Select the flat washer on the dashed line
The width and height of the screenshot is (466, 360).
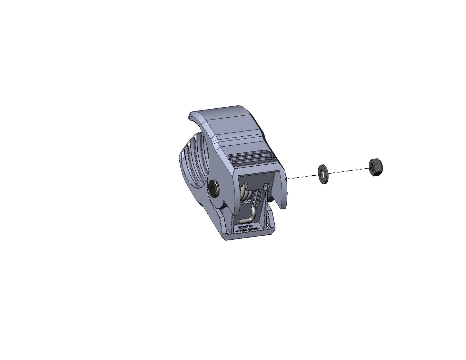322,174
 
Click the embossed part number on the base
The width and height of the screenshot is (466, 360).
248,227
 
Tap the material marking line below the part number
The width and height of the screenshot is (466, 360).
248,231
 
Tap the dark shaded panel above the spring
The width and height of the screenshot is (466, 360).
255,179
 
